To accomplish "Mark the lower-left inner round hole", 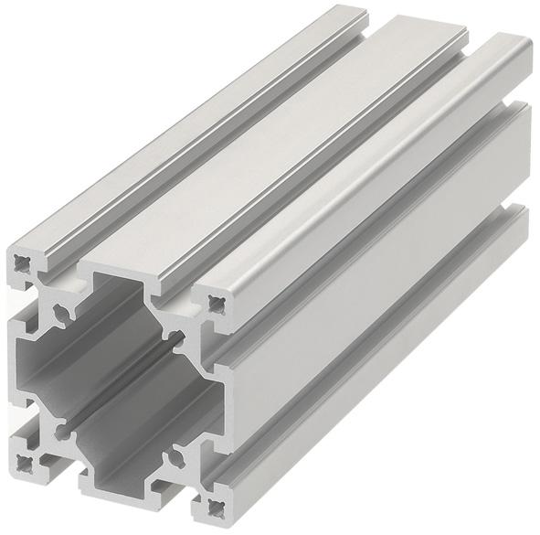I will point(61,425).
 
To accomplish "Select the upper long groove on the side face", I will point(365,229).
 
